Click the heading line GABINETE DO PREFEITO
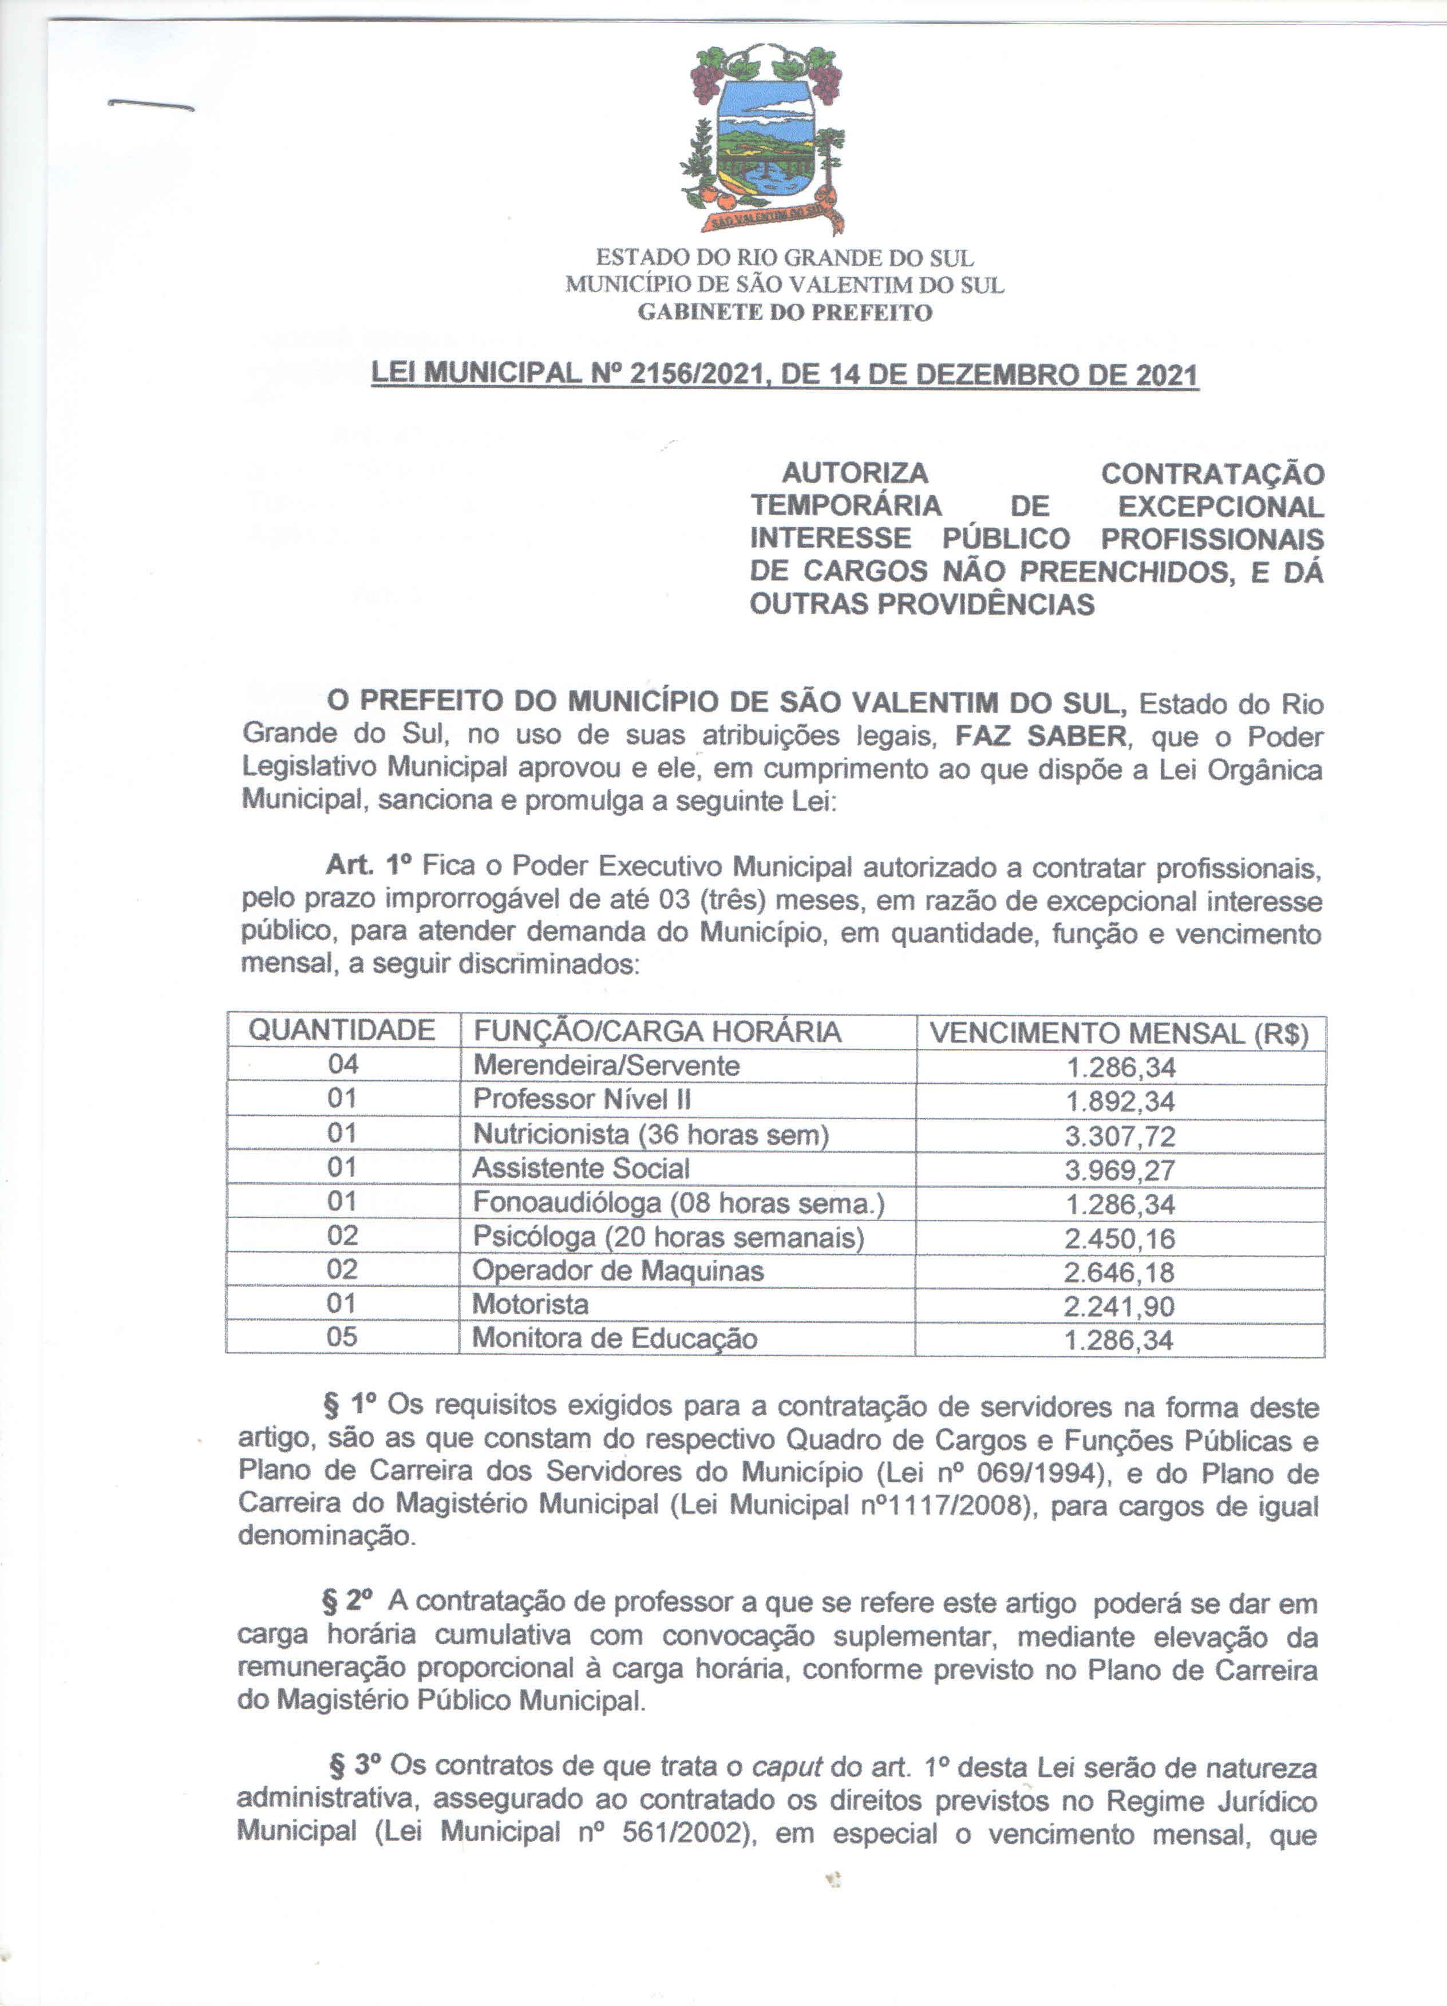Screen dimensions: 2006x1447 point(785,312)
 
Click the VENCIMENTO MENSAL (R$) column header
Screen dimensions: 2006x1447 point(1119,1033)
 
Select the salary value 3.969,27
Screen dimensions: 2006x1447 point(1120,1170)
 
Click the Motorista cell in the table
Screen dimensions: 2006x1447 point(530,1304)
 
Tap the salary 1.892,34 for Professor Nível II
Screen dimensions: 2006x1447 point(1120,1101)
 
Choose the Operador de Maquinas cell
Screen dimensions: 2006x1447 point(618,1270)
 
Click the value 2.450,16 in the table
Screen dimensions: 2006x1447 point(1120,1238)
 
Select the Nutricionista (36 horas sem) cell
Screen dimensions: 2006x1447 point(650,1134)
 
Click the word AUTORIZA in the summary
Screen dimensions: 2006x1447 point(855,473)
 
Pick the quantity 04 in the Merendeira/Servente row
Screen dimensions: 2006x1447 point(342,1064)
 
